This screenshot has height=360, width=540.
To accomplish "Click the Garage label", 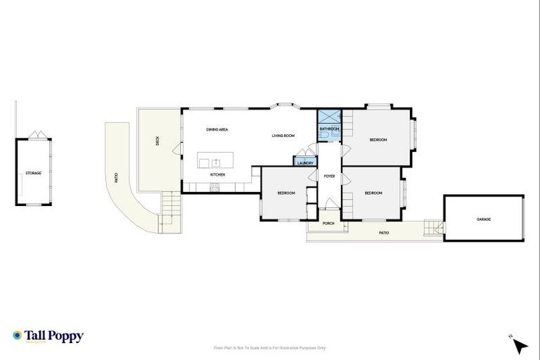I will (484, 219).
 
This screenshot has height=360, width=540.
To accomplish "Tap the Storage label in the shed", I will (33, 172).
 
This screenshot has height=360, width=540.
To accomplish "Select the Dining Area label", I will (217, 129).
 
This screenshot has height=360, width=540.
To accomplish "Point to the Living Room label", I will (283, 136).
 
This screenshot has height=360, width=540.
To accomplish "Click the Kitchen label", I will (217, 174).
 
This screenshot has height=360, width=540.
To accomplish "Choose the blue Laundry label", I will (304, 163).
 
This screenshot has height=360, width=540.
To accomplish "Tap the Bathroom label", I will (329, 129).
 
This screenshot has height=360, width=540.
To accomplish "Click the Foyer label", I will (329, 176).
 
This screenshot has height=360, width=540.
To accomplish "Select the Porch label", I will (328, 224).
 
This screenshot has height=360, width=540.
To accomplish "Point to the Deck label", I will (157, 141).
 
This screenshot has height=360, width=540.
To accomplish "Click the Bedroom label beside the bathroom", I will (378, 140).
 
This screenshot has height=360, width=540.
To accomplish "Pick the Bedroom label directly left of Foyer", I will (286, 193).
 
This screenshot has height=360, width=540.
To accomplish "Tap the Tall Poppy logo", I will (48, 336).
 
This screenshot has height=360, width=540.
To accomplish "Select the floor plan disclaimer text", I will (269, 347).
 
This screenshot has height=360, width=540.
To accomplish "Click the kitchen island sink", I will (217, 162).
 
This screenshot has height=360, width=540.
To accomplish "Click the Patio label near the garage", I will (384, 233).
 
